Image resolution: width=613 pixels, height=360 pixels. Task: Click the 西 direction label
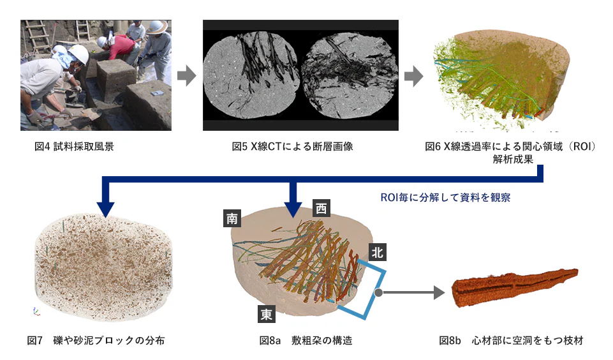tap(321, 208)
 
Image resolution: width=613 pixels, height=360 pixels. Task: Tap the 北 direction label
tap(378, 253)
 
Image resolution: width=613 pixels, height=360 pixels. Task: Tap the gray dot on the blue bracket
tap(378, 293)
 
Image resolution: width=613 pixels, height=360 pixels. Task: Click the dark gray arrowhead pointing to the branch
tap(438, 293)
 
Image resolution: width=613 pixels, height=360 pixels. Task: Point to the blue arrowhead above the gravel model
tap(106, 208)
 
